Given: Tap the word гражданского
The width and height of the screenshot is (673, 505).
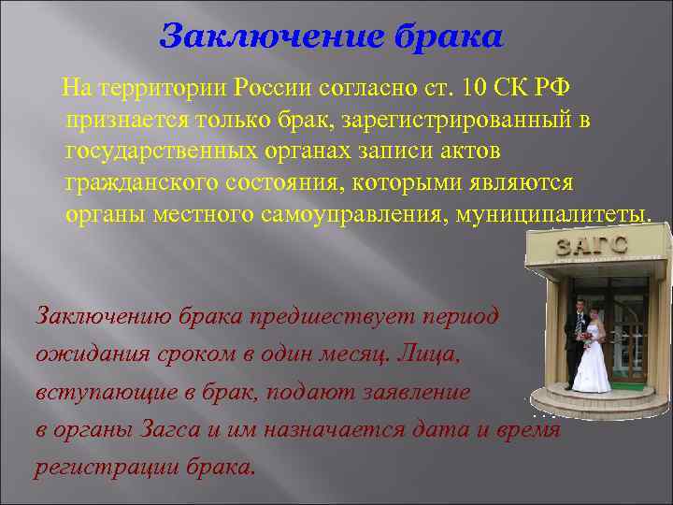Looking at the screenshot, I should coord(137,182).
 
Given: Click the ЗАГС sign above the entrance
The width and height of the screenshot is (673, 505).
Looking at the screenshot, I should coord(592,245).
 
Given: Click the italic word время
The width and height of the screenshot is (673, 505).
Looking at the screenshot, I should coord(527,429).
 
